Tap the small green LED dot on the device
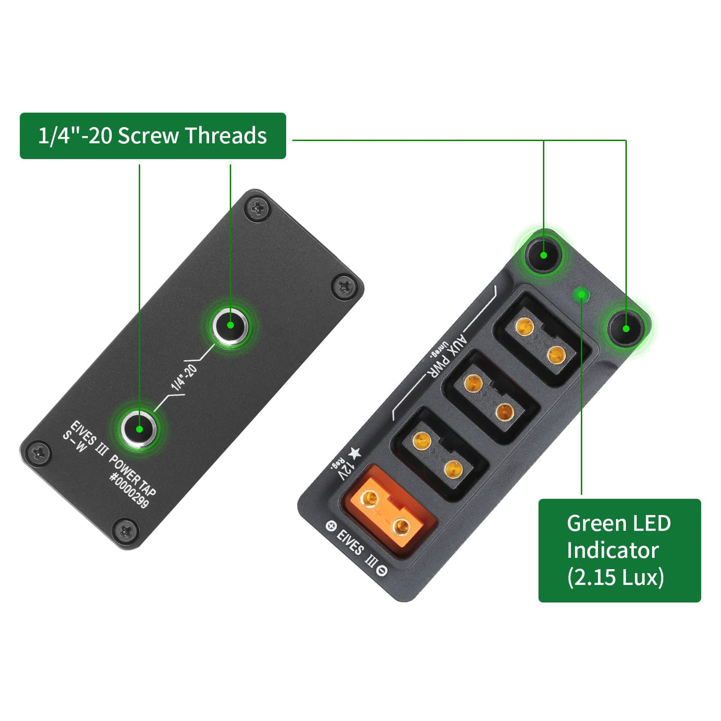pyautogui.click(x=581, y=295)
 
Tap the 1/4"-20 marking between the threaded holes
pyautogui.click(x=184, y=377)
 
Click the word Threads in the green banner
pyautogui.click(x=226, y=135)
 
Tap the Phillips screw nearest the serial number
pyautogui.click(x=126, y=531)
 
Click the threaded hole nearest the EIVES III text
pyautogui.click(x=139, y=428)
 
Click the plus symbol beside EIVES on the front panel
pyautogui.click(x=331, y=526)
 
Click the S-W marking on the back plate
pyautogui.click(x=75, y=442)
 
